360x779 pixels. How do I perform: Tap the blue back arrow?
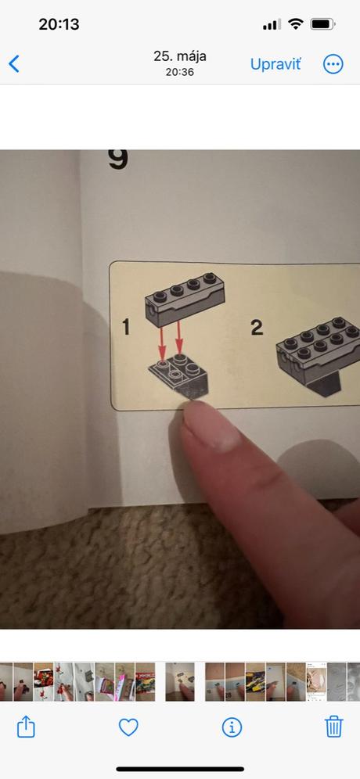(x=14, y=63)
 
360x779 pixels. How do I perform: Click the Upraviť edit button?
(x=275, y=64)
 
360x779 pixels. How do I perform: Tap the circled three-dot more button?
(x=333, y=64)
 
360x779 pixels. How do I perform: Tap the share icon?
(x=26, y=727)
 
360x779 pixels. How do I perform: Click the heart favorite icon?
(x=128, y=728)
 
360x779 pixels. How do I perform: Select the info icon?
(x=231, y=728)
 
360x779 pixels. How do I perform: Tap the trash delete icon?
(x=333, y=727)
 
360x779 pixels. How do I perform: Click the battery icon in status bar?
(x=322, y=23)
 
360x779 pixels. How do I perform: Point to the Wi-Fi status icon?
(x=296, y=23)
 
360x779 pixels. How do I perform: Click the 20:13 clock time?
(x=59, y=23)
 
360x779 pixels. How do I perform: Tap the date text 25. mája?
(x=180, y=56)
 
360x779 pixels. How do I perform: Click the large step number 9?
(x=118, y=159)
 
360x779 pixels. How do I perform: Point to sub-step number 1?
(x=126, y=327)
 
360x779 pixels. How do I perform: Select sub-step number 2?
(x=257, y=327)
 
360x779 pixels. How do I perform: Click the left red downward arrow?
(x=162, y=343)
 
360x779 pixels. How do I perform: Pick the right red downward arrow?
(x=179, y=337)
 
